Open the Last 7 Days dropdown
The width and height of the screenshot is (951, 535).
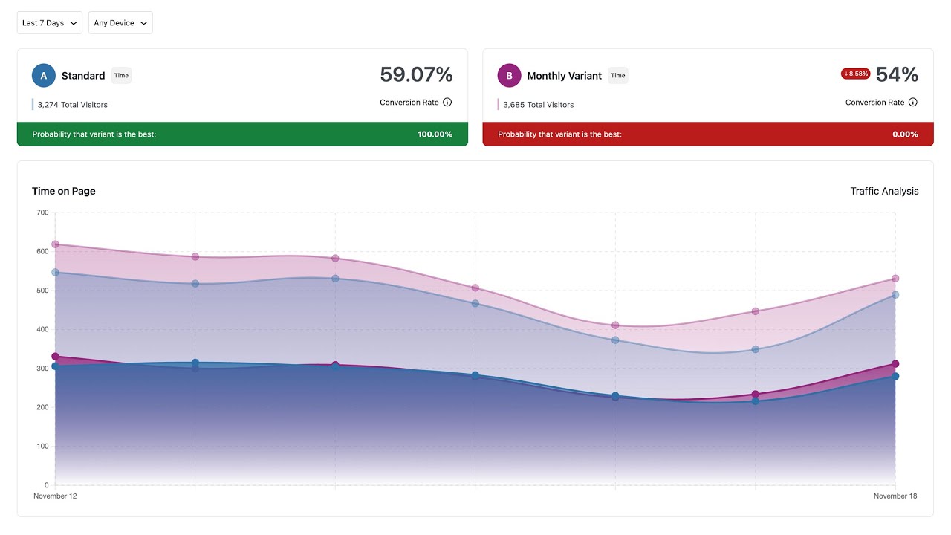pos(49,23)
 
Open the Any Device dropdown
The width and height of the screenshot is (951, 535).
pos(120,23)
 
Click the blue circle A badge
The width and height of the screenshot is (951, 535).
pos(44,76)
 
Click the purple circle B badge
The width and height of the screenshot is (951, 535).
pos(509,76)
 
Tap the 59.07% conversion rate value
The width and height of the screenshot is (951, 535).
pos(416,75)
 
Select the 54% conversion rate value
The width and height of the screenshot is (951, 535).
pos(897,74)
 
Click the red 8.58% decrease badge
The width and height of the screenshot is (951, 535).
pos(855,74)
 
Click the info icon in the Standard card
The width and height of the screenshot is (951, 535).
pos(447,103)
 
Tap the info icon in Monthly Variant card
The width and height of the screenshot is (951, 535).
pos(913,103)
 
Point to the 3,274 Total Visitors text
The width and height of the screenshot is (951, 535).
pos(72,105)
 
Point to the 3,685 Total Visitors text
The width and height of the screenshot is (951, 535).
pos(538,105)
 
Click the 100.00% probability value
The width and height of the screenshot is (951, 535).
pos(435,134)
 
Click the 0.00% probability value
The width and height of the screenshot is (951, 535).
pos(905,134)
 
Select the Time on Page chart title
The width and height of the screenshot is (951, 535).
pos(64,191)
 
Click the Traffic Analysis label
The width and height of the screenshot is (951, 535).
pos(884,191)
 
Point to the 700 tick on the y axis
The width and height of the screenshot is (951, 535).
pos(42,213)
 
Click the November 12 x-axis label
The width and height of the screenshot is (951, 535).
pos(55,496)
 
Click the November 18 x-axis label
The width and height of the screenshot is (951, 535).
pos(895,496)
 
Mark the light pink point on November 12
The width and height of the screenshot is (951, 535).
pos(55,244)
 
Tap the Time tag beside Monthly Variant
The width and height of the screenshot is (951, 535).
pos(618,76)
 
